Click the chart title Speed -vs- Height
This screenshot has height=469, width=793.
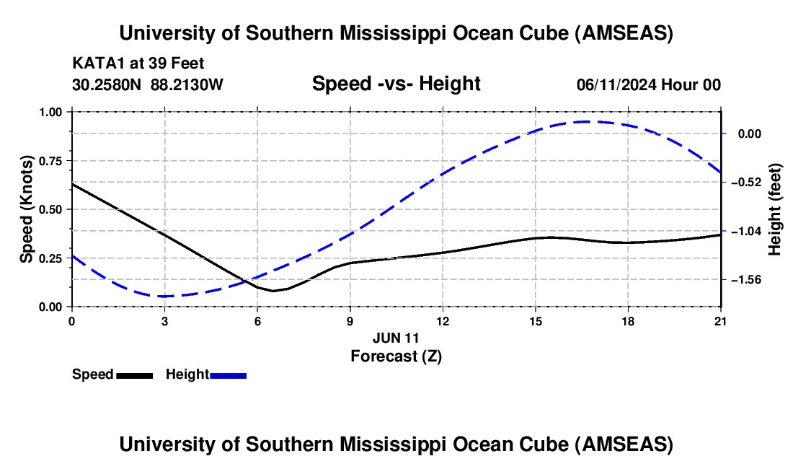point(396,84)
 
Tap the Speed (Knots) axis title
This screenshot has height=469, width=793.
point(27,209)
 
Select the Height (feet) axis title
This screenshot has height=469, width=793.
point(775,209)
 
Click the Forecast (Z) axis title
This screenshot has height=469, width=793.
point(396,355)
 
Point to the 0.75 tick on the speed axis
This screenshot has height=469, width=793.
point(50,161)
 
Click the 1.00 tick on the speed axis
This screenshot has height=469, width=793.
point(50,113)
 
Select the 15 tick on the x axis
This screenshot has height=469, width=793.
point(535,320)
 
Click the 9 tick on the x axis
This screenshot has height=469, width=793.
point(350,320)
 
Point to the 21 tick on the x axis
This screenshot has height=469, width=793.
point(720,320)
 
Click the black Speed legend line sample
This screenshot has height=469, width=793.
point(134,374)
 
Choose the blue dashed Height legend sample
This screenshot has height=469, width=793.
point(228,374)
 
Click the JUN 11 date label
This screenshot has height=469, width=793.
point(396,337)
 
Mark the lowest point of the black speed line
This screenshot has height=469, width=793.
point(273,291)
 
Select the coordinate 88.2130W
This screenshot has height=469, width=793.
point(187,84)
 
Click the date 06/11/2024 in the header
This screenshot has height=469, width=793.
point(617,84)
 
